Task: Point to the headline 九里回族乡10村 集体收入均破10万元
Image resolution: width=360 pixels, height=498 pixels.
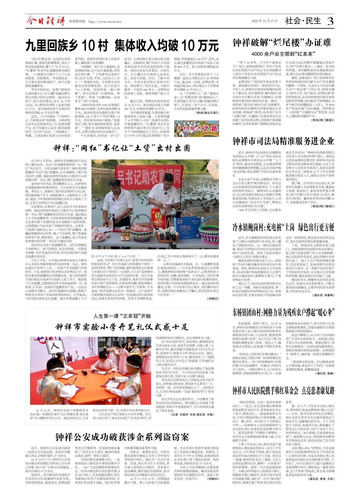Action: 122,45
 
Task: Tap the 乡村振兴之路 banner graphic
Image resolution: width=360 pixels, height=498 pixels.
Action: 197,129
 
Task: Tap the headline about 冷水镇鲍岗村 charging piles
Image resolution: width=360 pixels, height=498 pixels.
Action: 283,227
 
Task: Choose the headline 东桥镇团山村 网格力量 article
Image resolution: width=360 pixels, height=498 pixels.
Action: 283,312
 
